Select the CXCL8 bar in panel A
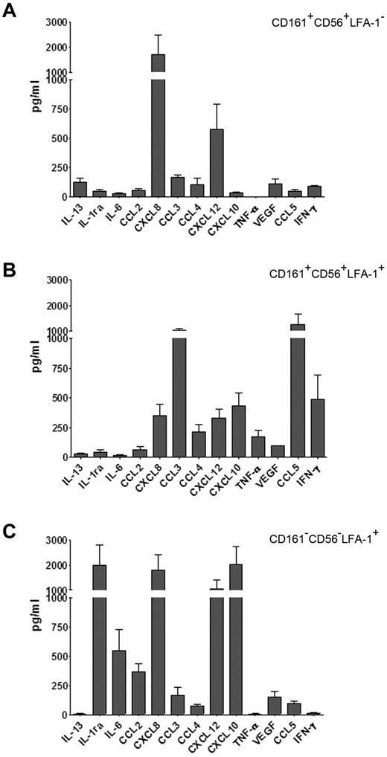click(159, 134)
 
